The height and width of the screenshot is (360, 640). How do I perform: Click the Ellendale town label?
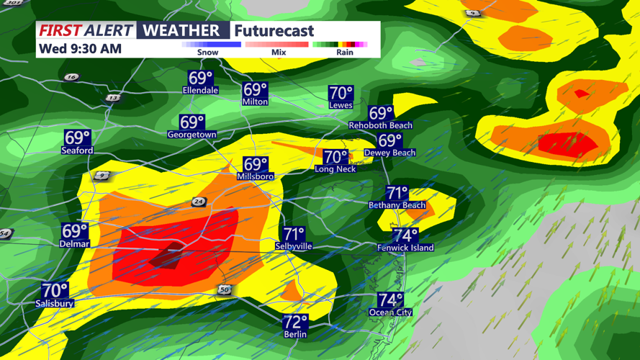pyautogui.click(x=200, y=91)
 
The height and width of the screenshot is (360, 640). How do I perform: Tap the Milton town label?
pyautogui.click(x=255, y=102)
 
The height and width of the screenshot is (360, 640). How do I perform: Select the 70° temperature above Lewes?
pyautogui.click(x=341, y=93)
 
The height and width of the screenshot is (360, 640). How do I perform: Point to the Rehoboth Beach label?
pyautogui.click(x=380, y=125)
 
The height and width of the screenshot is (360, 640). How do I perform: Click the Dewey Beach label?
pyautogui.click(x=389, y=153)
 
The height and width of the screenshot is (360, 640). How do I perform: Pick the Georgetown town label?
pyautogui.click(x=191, y=135)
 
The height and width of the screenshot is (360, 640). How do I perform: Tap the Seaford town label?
pyautogui.click(x=77, y=150)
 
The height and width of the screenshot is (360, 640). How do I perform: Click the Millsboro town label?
pyautogui.click(x=255, y=176)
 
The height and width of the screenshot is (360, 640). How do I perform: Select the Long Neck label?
pyautogui.click(x=335, y=169)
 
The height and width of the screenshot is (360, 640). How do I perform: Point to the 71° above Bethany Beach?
pyautogui.click(x=397, y=193)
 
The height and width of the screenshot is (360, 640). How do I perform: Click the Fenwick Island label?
pyautogui.click(x=405, y=248)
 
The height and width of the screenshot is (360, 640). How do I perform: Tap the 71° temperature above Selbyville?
pyautogui.click(x=294, y=234)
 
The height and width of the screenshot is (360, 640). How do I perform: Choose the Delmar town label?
pyautogui.click(x=74, y=244)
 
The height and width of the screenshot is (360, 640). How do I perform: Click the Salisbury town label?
pyautogui.click(x=55, y=304)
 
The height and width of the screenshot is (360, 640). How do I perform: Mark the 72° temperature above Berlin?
pyautogui.click(x=295, y=322)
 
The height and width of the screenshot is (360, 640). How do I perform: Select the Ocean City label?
pyautogui.click(x=390, y=312)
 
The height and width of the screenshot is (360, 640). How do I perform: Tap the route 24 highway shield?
pyautogui.click(x=199, y=202)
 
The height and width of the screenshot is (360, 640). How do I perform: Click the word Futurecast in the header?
pyautogui.click(x=274, y=31)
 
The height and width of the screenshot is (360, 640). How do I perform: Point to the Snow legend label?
pyautogui.click(x=207, y=53)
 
